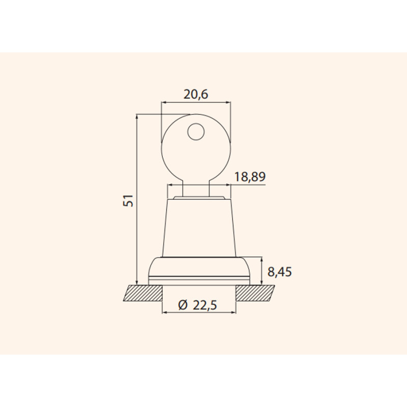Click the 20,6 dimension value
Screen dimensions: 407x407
point(196,95)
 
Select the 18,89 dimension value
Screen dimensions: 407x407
point(250,177)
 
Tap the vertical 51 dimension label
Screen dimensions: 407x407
point(128,200)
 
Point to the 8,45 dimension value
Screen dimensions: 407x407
point(279,272)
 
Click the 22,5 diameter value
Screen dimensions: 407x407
point(205,305)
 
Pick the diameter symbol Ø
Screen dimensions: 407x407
point(183,305)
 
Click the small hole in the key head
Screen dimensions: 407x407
point(196,132)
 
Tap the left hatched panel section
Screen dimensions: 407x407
point(143,293)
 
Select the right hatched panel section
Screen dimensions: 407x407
point(255,293)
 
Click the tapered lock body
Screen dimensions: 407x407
point(199,228)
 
